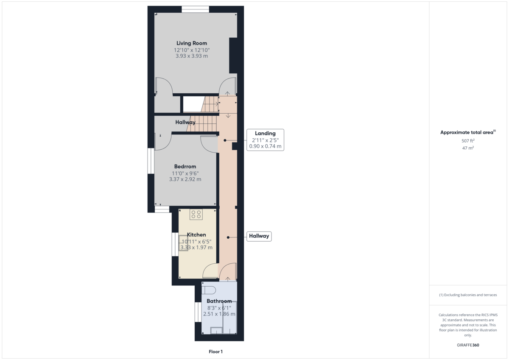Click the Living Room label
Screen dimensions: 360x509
192,43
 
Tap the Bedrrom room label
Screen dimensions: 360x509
185,167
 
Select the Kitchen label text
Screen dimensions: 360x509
196,235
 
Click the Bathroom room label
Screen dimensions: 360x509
219,301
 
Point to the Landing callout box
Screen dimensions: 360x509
265,140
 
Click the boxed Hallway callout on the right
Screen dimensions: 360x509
259,236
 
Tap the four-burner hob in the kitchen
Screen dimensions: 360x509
196,215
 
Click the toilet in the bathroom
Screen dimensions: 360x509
209,290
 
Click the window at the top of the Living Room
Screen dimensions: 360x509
195,9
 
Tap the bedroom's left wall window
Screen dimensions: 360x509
151,161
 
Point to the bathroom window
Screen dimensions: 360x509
198,312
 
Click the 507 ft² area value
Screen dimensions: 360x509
468,141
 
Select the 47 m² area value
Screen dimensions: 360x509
468,148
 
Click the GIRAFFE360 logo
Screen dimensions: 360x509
468,345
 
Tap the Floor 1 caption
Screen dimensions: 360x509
215,352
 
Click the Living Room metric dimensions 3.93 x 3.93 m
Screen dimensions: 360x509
191,56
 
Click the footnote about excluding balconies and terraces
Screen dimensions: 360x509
468,295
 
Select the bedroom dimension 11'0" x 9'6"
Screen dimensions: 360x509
185,173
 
